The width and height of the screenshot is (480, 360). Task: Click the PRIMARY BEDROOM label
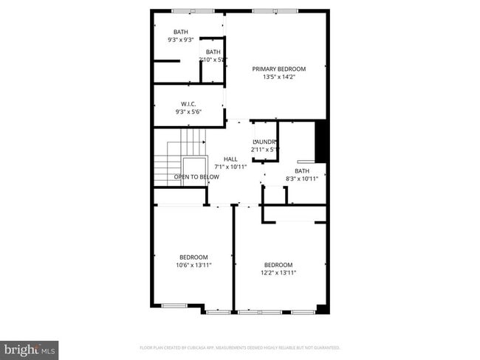click(278, 69)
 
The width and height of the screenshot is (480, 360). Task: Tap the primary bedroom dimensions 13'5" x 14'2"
click(278, 77)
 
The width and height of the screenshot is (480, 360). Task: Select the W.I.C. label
click(188, 104)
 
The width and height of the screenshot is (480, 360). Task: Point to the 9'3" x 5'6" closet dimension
click(188, 111)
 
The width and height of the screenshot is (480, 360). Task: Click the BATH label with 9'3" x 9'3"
click(181, 32)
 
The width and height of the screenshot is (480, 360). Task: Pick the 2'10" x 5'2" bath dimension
click(213, 59)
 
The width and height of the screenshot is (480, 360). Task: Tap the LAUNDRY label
click(264, 142)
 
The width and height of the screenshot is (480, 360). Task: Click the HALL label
click(230, 159)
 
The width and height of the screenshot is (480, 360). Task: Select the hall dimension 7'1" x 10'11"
click(230, 167)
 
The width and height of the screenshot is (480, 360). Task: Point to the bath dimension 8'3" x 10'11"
click(301, 178)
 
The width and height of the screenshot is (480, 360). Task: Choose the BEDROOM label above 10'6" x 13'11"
click(193, 257)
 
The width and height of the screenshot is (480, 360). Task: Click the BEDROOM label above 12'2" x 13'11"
click(278, 265)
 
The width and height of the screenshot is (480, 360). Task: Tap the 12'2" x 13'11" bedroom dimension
click(278, 273)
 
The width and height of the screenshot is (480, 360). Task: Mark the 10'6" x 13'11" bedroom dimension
click(193, 265)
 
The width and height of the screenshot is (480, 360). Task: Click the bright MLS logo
click(30, 349)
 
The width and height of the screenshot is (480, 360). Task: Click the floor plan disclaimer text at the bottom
click(239, 347)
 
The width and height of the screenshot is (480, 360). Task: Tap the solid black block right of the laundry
click(321, 141)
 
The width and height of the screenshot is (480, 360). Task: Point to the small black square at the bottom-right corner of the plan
click(321, 308)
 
